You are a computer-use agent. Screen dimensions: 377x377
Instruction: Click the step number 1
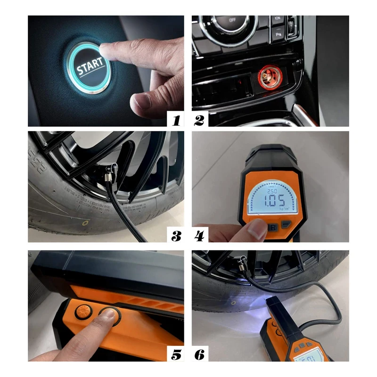click(176, 120)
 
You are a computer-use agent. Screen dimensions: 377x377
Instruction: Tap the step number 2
click(199, 120)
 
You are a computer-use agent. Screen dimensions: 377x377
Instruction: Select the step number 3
click(176, 236)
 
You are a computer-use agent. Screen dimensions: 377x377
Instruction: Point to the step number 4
click(199, 236)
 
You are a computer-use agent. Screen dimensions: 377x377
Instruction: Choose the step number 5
click(176, 354)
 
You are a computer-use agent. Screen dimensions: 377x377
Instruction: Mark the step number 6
click(199, 354)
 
